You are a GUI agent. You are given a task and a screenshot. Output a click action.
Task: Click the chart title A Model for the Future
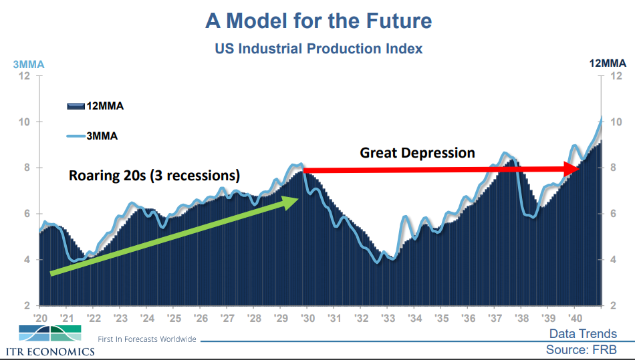tap(318, 21)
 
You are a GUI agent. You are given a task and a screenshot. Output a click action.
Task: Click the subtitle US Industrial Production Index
tap(318, 49)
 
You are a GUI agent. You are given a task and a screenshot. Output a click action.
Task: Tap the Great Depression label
tap(417, 153)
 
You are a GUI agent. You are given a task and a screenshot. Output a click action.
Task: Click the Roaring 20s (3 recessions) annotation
tap(154, 176)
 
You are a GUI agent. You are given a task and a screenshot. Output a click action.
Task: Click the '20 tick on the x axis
tap(40, 317)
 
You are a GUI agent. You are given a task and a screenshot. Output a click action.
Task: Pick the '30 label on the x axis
tap(307, 317)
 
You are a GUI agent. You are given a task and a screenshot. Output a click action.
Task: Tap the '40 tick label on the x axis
tap(574, 317)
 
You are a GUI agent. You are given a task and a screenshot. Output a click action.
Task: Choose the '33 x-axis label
tap(387, 317)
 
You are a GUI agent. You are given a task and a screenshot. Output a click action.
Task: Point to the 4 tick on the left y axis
tap(27, 260)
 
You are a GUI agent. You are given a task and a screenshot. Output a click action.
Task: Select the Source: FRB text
tap(581, 349)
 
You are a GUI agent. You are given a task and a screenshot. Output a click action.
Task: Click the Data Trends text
tap(583, 334)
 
